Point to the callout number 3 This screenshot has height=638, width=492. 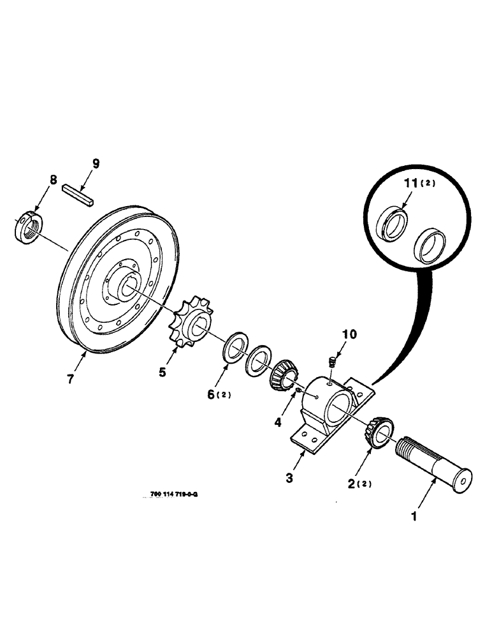(x=289, y=478)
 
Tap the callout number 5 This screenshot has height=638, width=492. (x=163, y=371)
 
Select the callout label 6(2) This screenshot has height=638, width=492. (x=219, y=394)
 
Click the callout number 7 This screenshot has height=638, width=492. (x=70, y=378)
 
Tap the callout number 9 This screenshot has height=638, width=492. (x=96, y=164)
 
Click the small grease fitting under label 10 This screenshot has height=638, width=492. (x=332, y=362)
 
